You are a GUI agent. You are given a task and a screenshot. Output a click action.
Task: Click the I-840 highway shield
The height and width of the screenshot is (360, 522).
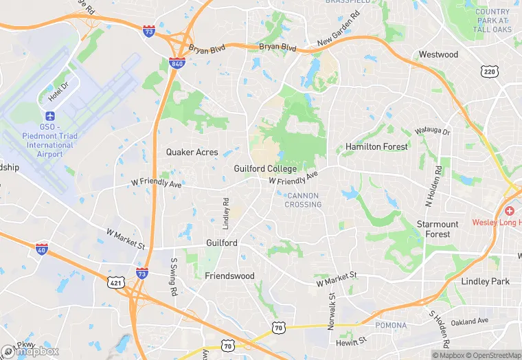(x=177, y=64)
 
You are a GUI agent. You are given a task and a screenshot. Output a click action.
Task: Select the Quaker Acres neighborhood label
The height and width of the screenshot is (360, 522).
(x=192, y=153)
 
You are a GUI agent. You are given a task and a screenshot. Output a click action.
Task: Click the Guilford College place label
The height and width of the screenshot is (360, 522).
(x=265, y=169)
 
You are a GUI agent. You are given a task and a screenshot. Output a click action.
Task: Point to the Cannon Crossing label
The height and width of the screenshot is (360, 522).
(x=303, y=200)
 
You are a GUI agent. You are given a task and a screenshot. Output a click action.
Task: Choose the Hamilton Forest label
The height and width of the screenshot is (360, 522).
(x=376, y=147)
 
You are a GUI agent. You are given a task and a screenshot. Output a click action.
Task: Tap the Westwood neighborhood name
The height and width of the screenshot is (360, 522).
(x=438, y=54)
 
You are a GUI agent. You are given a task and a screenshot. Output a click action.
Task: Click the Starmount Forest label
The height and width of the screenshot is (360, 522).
(x=438, y=229)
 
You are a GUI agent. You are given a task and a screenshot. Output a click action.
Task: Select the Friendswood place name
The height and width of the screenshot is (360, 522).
(x=229, y=276)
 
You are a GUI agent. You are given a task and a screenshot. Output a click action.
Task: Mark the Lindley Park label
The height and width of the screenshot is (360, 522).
(x=486, y=282)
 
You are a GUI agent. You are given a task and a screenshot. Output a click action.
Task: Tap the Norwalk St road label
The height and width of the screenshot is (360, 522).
(x=330, y=311)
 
